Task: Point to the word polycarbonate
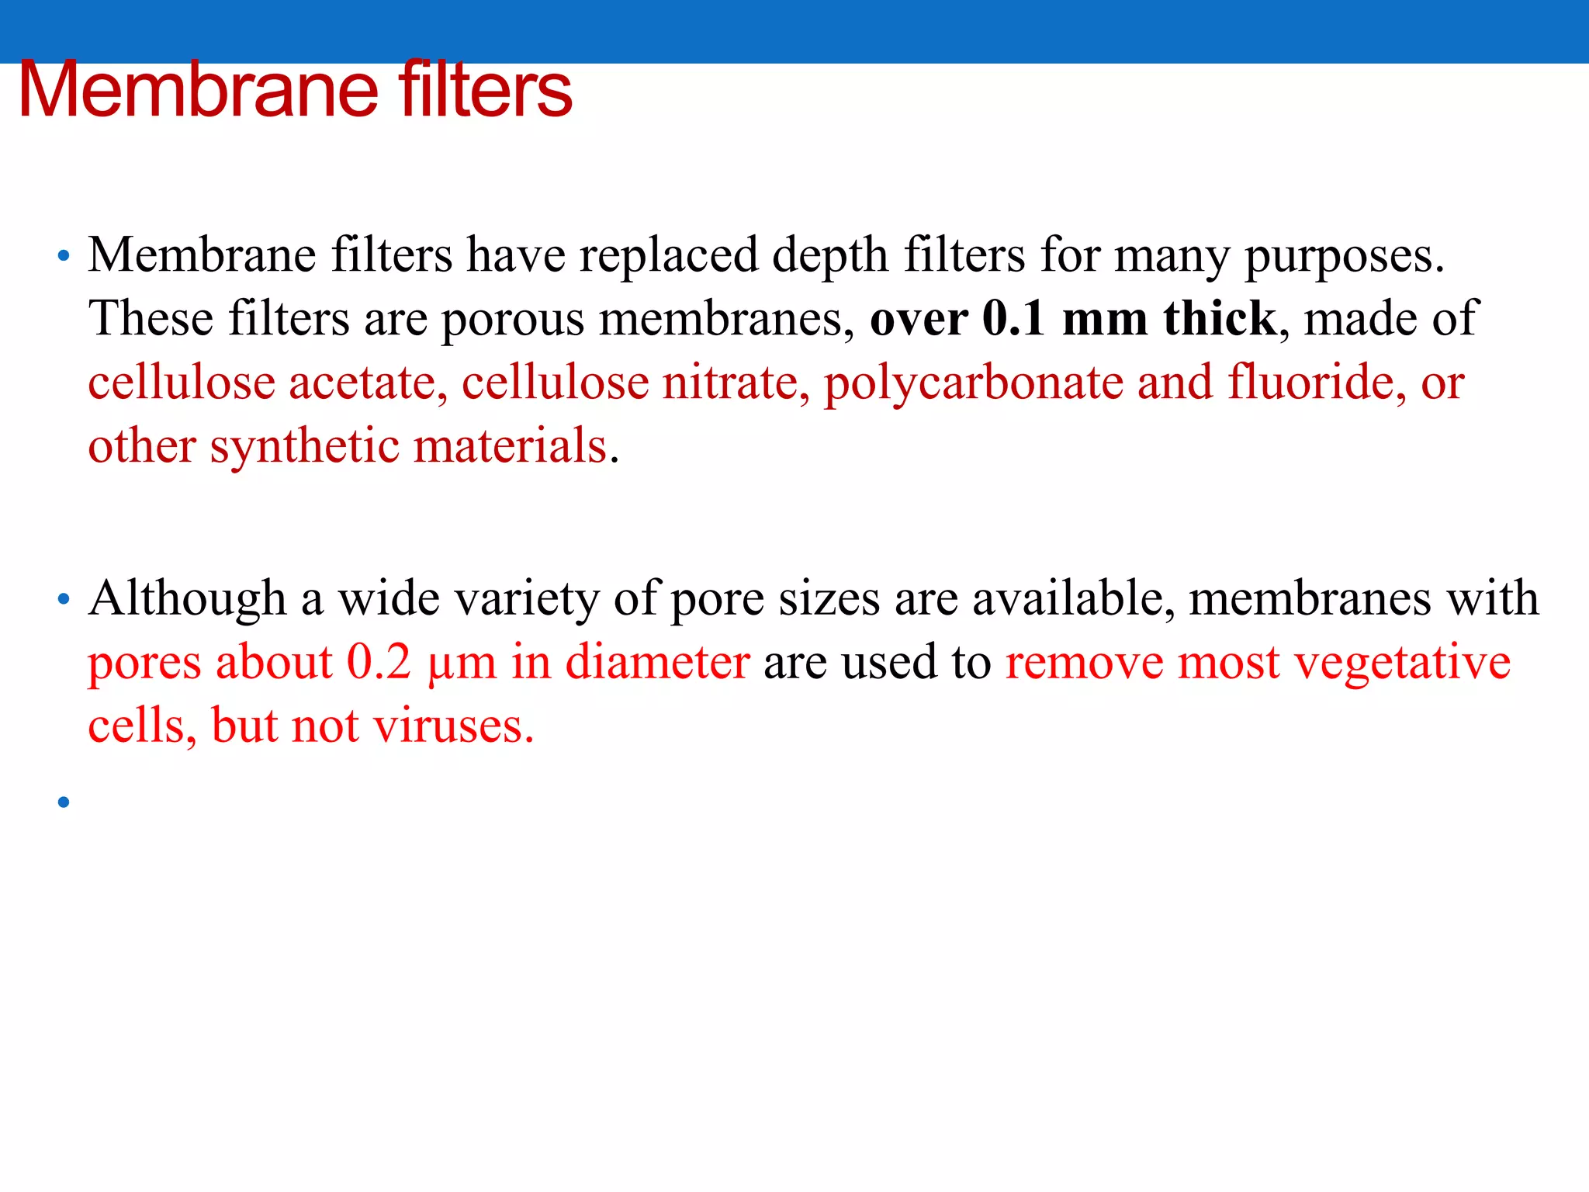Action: [x=973, y=384]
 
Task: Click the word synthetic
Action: [x=304, y=448]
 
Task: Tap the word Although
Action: [x=188, y=599]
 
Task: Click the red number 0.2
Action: [x=379, y=662]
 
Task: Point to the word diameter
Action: [x=657, y=662]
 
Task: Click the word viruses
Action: [x=454, y=726]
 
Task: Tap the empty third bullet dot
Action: [x=64, y=802]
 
